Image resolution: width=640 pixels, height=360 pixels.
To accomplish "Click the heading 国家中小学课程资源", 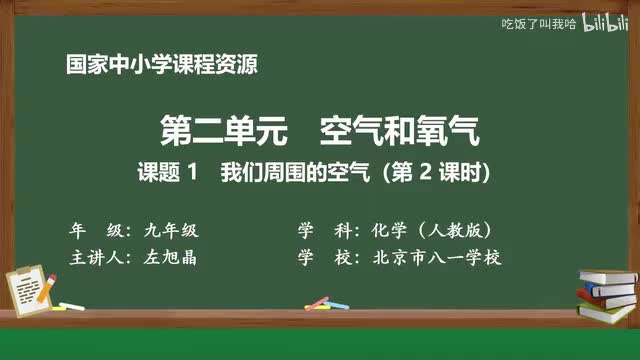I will pos(161,67).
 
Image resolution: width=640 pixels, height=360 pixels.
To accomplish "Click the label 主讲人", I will pos(98,257).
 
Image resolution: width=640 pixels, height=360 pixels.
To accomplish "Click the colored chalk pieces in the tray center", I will pos(320,303).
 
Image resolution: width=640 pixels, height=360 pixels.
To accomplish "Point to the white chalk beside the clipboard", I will pos(70,305).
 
